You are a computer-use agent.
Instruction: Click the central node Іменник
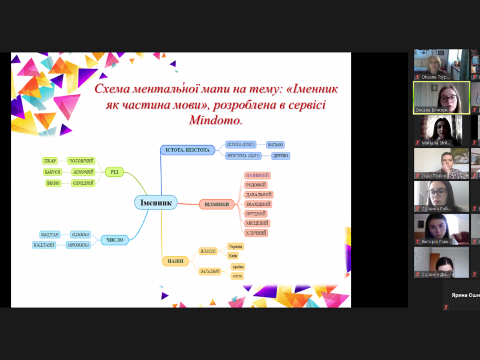pos(157,203)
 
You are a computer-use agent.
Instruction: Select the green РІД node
pos(113,172)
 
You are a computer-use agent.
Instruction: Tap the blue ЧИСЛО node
pos(115,239)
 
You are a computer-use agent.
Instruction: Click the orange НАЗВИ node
pos(175,261)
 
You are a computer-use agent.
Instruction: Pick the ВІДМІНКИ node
pos(217,204)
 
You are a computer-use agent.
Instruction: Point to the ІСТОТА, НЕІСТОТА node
pos(188,149)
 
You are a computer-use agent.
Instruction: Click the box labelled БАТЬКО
pos(275,145)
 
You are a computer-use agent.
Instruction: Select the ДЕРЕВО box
pos(280,156)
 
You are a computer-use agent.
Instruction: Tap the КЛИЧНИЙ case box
pos(256,233)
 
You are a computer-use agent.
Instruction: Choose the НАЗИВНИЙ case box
pos(258,175)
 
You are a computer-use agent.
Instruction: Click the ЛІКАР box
pos(50,161)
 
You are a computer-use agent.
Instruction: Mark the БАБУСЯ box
pos(52,172)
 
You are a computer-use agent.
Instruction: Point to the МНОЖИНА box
pos(79,245)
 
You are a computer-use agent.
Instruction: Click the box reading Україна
pos(236,247)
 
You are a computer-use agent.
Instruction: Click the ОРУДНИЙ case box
pos(256,214)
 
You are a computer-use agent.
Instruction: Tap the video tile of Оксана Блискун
pos(441,97)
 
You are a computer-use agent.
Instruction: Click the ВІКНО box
pos(53,183)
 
